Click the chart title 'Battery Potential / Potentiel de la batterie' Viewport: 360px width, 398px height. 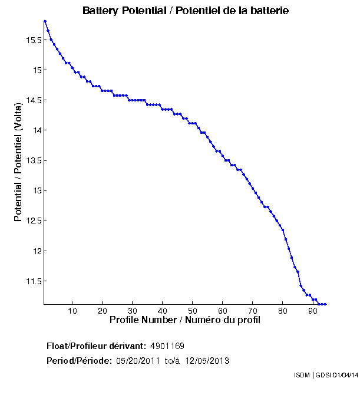(x=186, y=11)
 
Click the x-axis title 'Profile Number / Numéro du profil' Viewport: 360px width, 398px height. (x=185, y=320)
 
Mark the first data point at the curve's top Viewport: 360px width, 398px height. (x=45, y=21)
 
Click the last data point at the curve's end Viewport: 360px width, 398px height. (x=325, y=304)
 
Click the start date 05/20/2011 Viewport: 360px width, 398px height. (x=137, y=361)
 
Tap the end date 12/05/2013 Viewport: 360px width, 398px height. (x=207, y=361)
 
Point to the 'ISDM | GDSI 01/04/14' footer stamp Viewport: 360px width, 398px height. (x=325, y=375)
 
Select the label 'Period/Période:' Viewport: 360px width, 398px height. (x=79, y=361)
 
